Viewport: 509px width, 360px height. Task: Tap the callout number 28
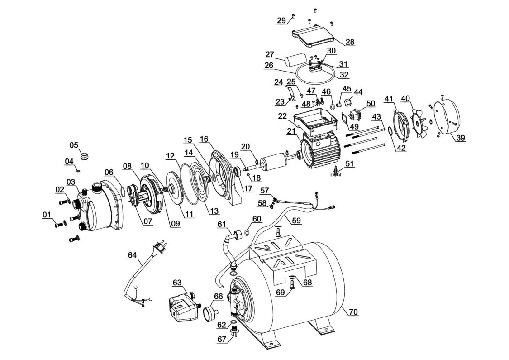click(x=350, y=42)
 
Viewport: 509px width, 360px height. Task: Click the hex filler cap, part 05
click(x=84, y=156)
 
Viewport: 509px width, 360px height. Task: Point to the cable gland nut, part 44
click(x=347, y=101)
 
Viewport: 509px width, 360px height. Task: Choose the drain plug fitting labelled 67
click(x=234, y=335)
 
